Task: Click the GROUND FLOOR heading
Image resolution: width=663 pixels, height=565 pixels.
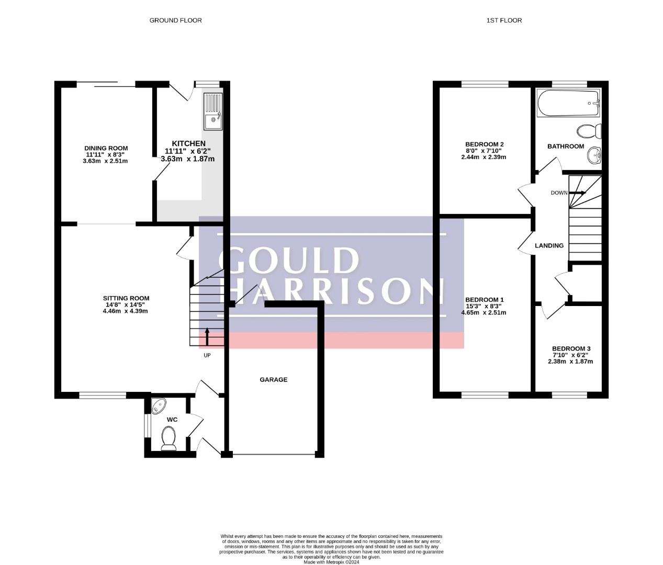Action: click(175, 20)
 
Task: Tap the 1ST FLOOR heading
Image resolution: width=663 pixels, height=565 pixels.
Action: click(504, 20)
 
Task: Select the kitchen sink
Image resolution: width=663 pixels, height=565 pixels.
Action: click(213, 111)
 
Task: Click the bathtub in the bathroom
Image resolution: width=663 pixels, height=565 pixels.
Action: click(568, 103)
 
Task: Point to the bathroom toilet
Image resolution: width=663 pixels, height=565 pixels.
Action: click(589, 131)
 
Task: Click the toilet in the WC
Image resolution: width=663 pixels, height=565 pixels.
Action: click(168, 438)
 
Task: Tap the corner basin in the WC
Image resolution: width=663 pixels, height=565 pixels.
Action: click(158, 405)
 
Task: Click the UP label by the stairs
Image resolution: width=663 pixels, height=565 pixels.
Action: click(207, 355)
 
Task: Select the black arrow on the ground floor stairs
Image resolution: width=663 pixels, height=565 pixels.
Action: click(207, 336)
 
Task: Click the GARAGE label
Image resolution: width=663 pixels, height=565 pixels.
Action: click(274, 380)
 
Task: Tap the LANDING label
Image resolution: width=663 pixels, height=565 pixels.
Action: click(549, 246)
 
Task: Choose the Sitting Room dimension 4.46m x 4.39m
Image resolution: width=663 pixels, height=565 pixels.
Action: click(126, 311)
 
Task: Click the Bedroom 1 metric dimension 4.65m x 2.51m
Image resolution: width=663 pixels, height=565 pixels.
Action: click(484, 312)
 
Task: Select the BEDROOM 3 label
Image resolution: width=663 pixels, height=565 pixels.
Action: click(571, 348)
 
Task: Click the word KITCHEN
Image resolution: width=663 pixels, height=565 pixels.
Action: click(188, 143)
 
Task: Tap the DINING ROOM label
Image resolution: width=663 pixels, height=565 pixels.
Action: click(106, 148)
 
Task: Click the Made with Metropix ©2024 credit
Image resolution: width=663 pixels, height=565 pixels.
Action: click(331, 562)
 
